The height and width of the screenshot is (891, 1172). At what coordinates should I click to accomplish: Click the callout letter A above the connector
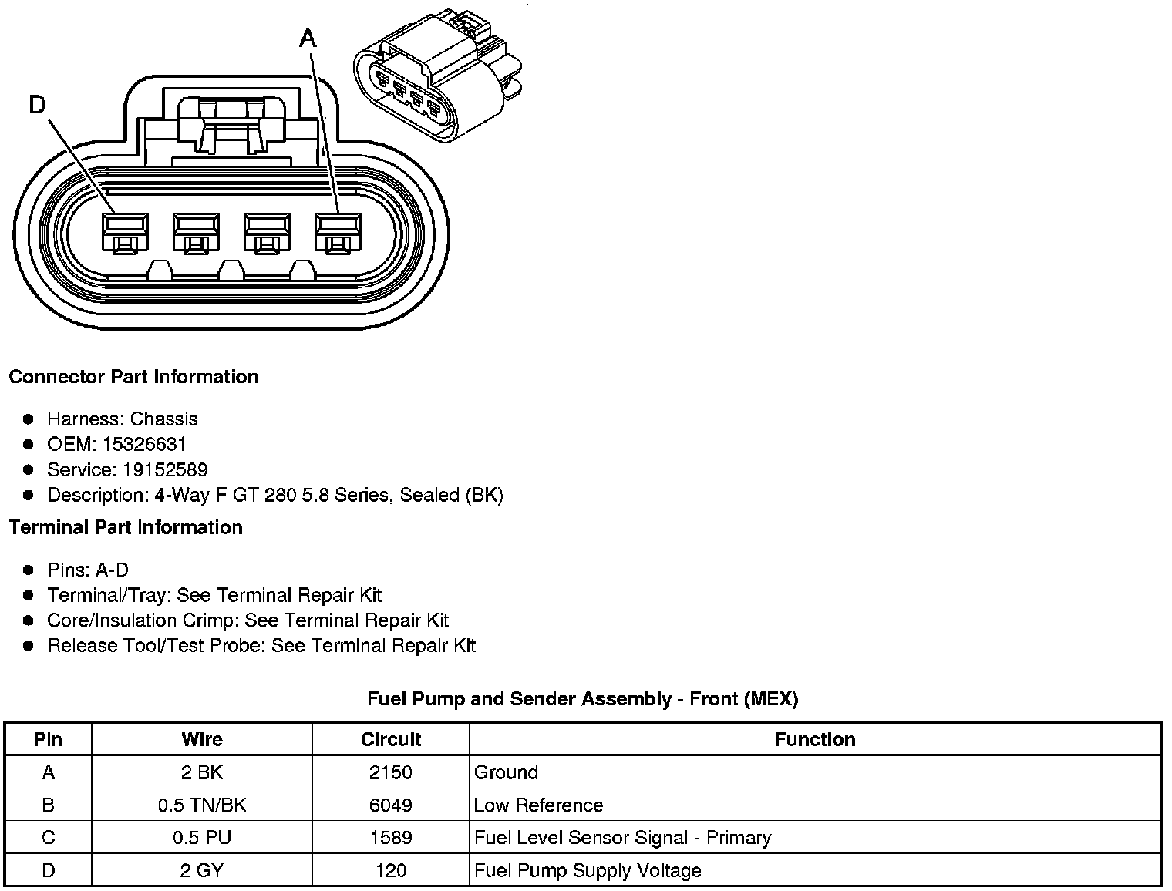(x=308, y=37)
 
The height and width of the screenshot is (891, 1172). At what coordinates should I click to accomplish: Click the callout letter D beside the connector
(x=38, y=104)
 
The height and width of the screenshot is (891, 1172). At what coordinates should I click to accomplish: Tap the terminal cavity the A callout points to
(x=338, y=232)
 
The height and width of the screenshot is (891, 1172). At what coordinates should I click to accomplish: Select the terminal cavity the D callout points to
(x=125, y=232)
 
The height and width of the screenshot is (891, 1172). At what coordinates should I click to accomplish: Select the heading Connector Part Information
(x=133, y=377)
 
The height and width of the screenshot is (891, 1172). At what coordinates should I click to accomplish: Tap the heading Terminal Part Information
(x=126, y=527)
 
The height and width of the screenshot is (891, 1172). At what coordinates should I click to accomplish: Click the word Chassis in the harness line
(x=163, y=419)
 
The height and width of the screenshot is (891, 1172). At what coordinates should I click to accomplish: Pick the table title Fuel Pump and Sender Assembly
(x=582, y=699)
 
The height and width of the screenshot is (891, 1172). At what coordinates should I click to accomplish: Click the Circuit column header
(x=391, y=739)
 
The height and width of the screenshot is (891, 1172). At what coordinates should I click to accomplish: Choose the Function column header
(x=815, y=739)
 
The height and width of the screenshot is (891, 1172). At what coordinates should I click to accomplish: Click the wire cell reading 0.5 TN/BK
(x=202, y=805)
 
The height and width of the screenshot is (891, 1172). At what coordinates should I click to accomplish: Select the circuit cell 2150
(x=391, y=772)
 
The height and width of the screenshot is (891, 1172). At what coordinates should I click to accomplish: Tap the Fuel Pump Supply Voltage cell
(x=588, y=870)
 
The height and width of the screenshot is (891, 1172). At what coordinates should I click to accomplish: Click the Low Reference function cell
(x=538, y=805)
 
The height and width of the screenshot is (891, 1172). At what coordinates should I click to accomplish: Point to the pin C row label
(x=49, y=838)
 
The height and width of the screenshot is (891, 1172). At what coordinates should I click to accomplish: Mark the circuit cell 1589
(x=391, y=838)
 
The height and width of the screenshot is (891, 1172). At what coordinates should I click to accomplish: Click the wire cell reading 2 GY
(x=202, y=870)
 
